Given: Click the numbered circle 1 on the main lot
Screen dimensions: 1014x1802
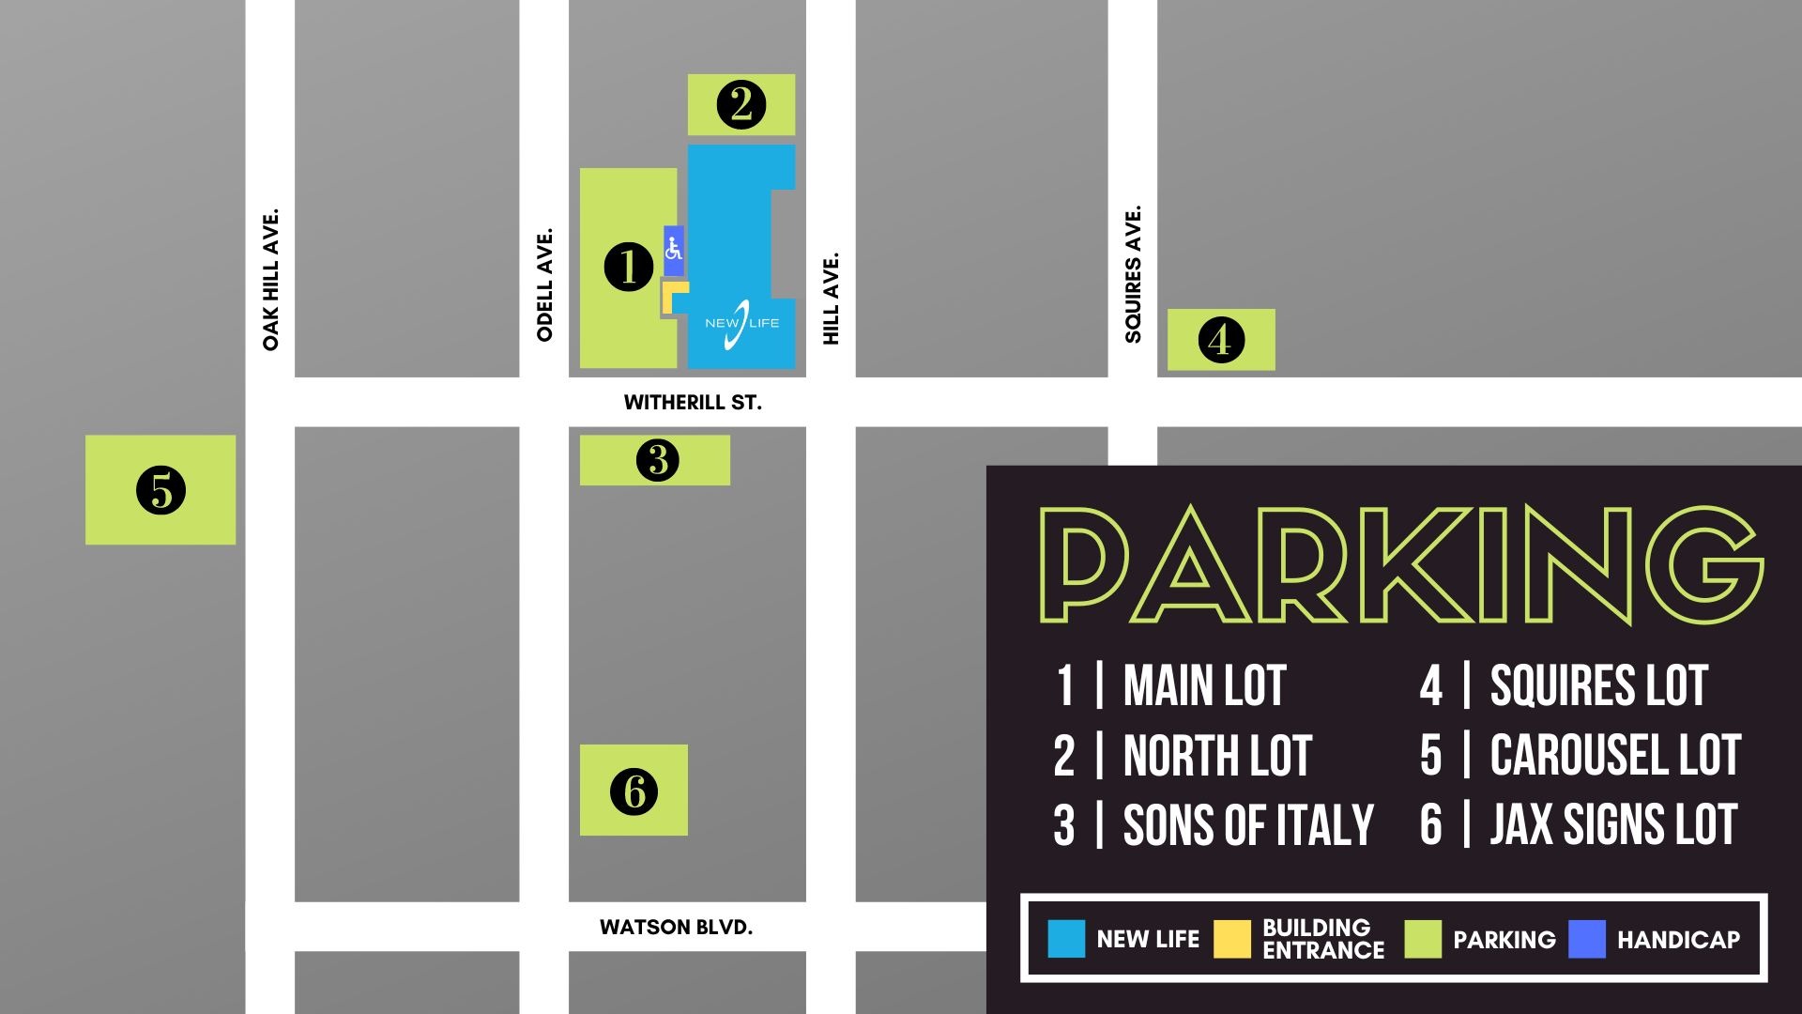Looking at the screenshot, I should (x=628, y=267).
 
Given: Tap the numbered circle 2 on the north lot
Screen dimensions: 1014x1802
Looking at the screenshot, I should (x=741, y=104).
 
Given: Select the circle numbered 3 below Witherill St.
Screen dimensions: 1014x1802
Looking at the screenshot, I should (x=657, y=460).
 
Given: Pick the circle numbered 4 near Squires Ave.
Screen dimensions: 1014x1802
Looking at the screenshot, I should (x=1221, y=339).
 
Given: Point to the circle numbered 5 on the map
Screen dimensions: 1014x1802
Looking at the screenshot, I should (x=160, y=489).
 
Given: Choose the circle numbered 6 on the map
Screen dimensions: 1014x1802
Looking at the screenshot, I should (x=634, y=791).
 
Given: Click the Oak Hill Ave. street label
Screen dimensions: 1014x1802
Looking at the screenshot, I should (x=270, y=280).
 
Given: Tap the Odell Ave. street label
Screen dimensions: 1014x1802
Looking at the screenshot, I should (x=544, y=284).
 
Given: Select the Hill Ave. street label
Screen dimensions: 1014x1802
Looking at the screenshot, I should (x=831, y=298).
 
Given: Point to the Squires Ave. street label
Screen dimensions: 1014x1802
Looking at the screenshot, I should (x=1133, y=274).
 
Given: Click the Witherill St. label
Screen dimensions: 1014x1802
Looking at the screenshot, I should (x=693, y=403).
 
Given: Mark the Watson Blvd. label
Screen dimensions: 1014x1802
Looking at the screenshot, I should (x=676, y=928).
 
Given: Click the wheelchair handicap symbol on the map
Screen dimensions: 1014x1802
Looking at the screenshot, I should (x=673, y=250).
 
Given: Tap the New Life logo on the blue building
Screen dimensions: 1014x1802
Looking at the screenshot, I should (x=741, y=323).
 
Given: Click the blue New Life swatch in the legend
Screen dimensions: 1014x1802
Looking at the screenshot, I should (x=1066, y=939).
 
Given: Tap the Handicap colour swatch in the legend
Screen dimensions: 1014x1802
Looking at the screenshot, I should (x=1587, y=939).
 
